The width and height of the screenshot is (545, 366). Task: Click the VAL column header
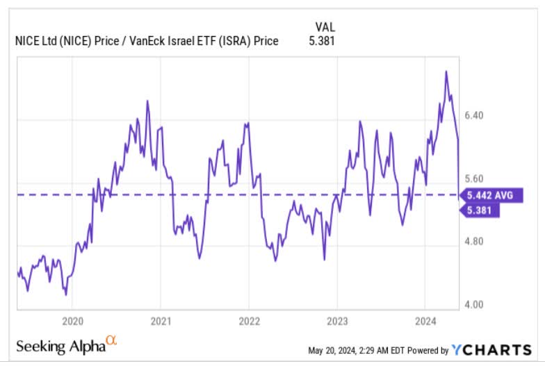coord(324,26)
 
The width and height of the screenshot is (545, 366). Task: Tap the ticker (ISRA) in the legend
coord(227,41)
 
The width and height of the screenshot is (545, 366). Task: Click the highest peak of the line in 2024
coord(446,71)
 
